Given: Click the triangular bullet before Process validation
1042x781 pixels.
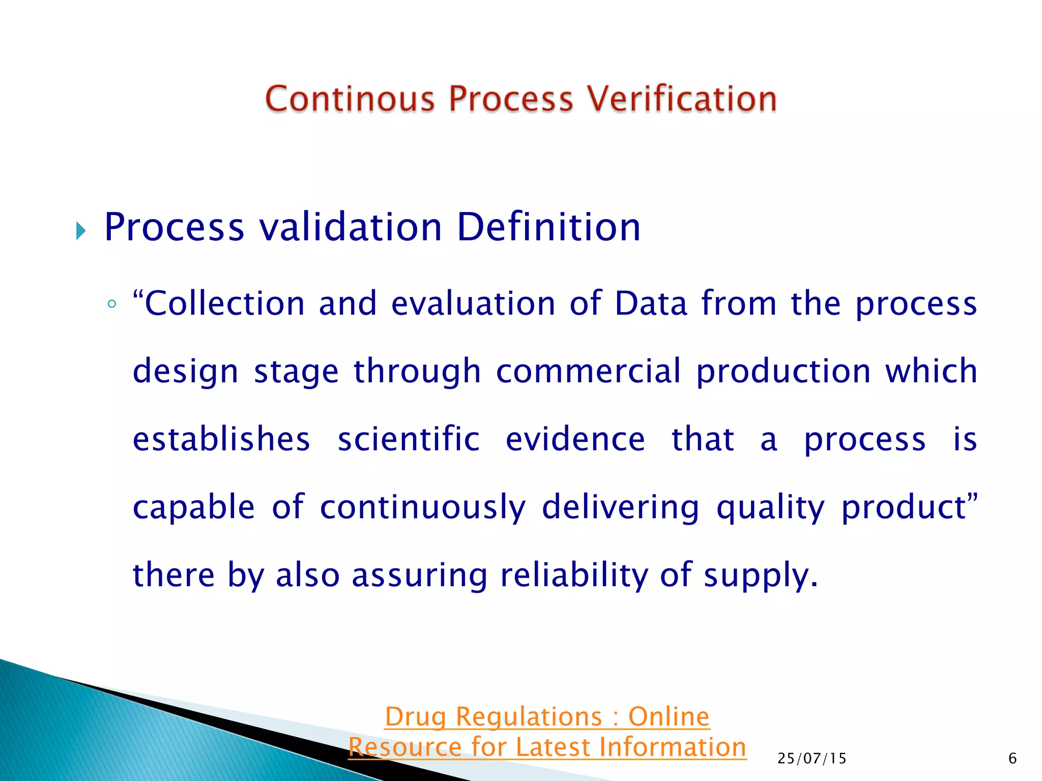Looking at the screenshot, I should click(x=81, y=231).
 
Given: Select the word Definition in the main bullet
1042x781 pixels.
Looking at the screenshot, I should click(x=548, y=227).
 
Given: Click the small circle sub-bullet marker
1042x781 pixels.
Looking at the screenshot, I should click(x=112, y=305).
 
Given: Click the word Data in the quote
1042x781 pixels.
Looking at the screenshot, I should click(x=651, y=304).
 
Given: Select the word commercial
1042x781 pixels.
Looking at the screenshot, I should click(x=588, y=371).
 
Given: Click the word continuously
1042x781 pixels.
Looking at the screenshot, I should click(x=422, y=507).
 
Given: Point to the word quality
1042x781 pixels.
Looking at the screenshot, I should click(x=770, y=507).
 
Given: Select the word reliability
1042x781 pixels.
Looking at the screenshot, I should click(x=574, y=575).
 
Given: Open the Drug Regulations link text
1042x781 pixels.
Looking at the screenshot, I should click(x=546, y=717).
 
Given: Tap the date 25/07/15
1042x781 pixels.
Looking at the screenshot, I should click(x=812, y=759).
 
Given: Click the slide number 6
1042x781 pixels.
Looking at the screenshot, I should click(x=1012, y=759).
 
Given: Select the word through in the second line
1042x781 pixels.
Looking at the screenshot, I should click(x=417, y=372).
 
